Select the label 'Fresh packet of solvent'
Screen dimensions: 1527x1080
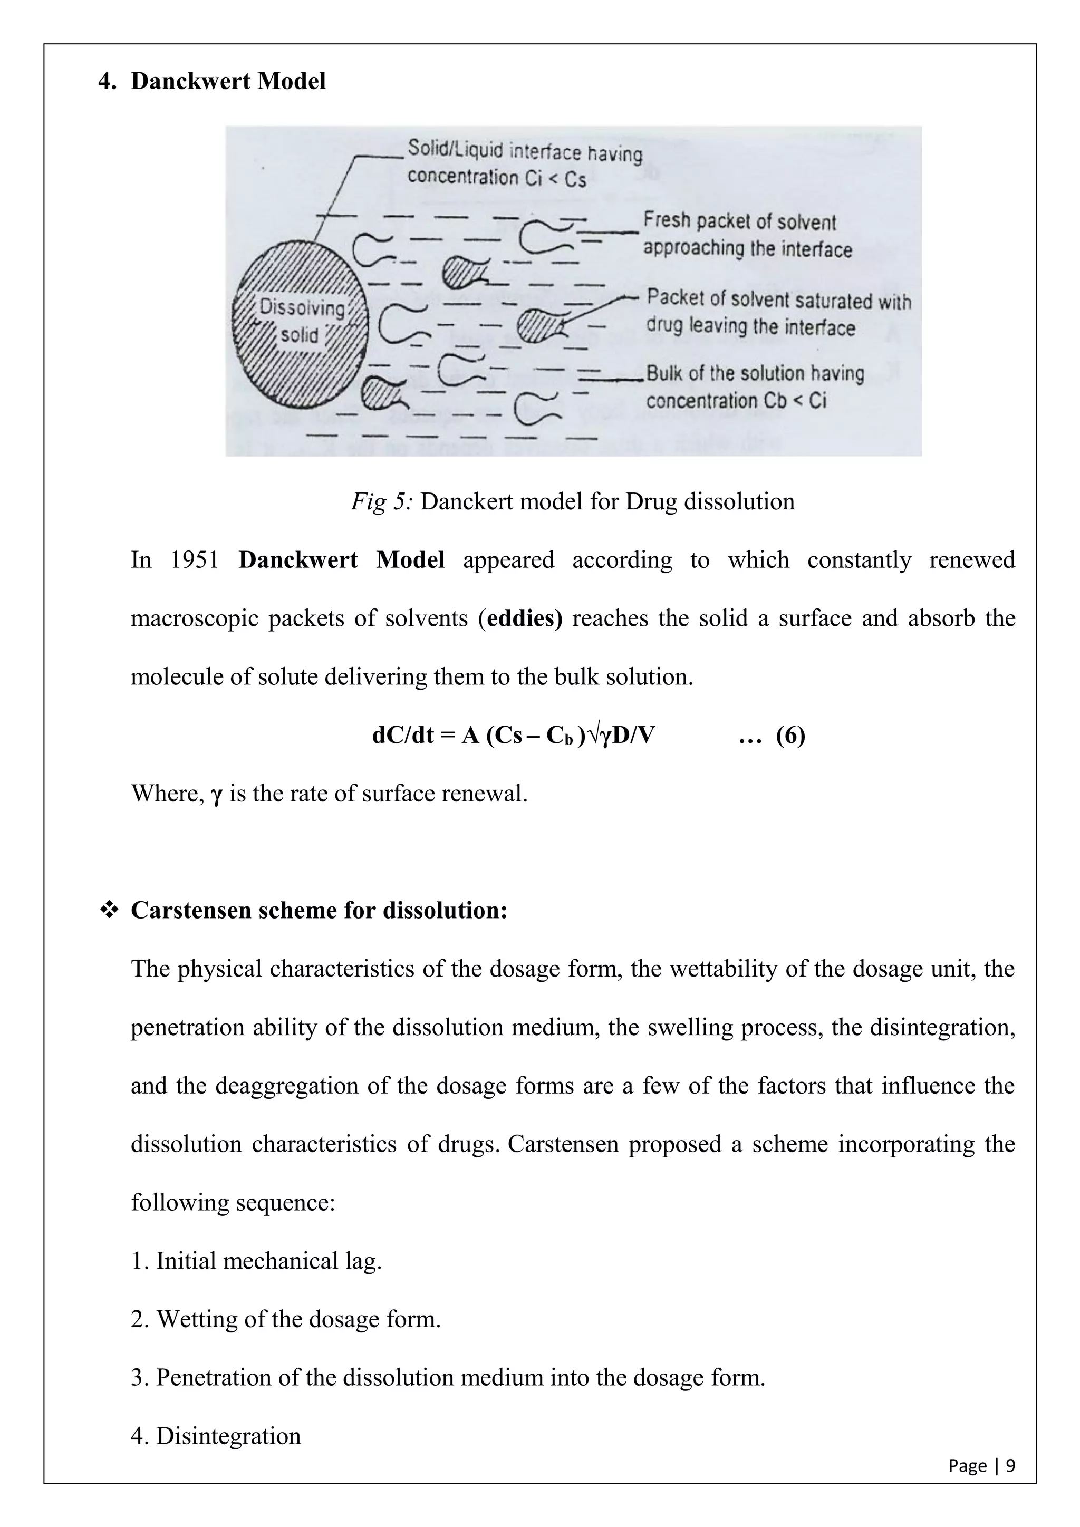739,221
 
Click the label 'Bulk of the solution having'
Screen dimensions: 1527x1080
755,373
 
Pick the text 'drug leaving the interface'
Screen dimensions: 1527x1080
750,327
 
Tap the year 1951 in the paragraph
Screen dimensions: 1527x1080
194,560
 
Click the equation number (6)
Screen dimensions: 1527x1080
790,736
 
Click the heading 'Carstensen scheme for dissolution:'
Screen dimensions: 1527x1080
319,910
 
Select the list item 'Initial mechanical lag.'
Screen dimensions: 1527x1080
268,1261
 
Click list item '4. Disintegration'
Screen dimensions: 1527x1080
216,1436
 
